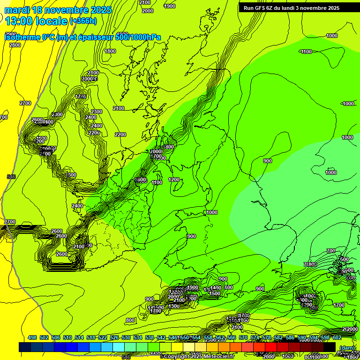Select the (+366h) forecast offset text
coord(83,21)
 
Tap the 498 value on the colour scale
coord(32,337)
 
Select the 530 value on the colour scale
coord(126,337)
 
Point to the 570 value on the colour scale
coord(243,337)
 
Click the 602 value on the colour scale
coord(337,337)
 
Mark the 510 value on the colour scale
coord(67,337)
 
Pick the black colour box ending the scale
coord(330,347)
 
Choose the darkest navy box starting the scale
coord(25,347)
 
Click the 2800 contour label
coord(15,45)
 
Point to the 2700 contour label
coord(25,103)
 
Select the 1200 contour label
coord(174,180)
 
